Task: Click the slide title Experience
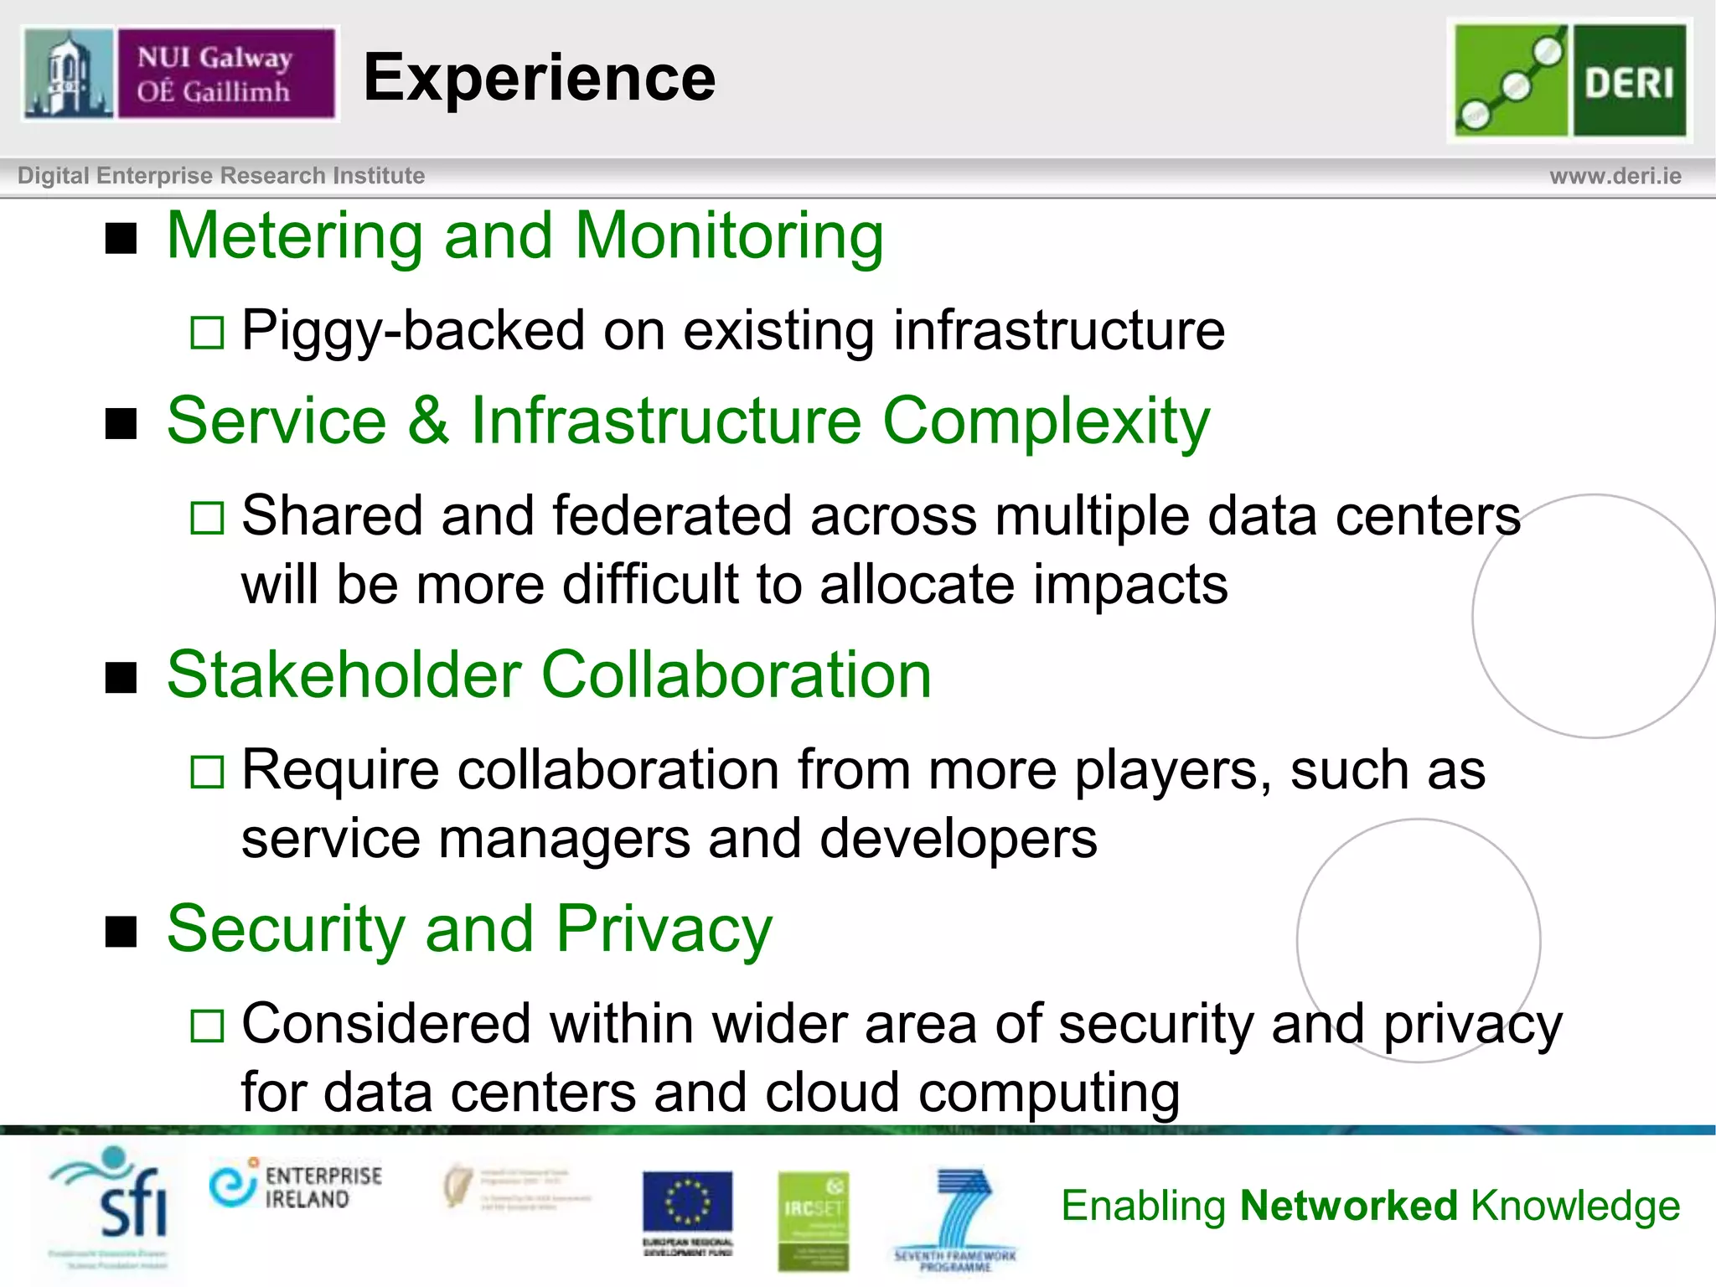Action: pyautogui.click(x=539, y=78)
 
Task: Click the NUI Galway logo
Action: pyautogui.click(x=180, y=74)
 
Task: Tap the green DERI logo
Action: pyautogui.click(x=1569, y=80)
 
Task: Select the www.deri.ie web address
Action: pyautogui.click(x=1615, y=176)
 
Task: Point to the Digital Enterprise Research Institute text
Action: pyautogui.click(x=221, y=176)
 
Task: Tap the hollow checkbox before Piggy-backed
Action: pyautogui.click(x=207, y=333)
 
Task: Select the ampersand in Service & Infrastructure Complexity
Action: pyautogui.click(x=428, y=421)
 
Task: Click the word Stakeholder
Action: pyautogui.click(x=344, y=675)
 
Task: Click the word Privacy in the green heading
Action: pyautogui.click(x=664, y=930)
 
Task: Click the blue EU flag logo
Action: pyautogui.click(x=687, y=1203)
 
